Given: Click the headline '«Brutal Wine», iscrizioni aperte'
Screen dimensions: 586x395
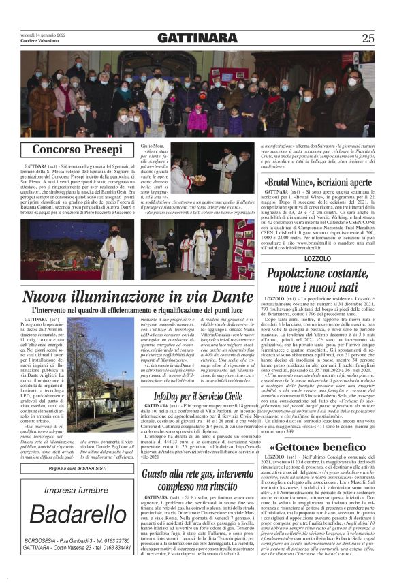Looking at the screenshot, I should click(328, 183).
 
